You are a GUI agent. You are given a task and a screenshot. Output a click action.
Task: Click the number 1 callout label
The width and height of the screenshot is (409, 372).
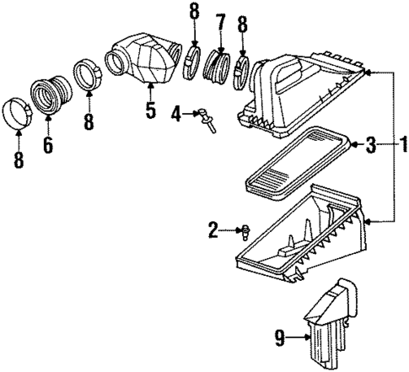click(x=401, y=146)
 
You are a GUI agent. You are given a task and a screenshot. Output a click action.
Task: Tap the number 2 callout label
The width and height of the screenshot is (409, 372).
click(x=214, y=228)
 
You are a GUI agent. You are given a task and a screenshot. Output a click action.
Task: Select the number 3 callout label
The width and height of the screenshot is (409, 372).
click(x=370, y=146)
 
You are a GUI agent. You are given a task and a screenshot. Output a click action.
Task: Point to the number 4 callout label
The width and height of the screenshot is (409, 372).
click(x=176, y=112)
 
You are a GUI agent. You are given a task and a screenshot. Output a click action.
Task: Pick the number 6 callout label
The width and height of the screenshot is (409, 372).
click(x=48, y=145)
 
